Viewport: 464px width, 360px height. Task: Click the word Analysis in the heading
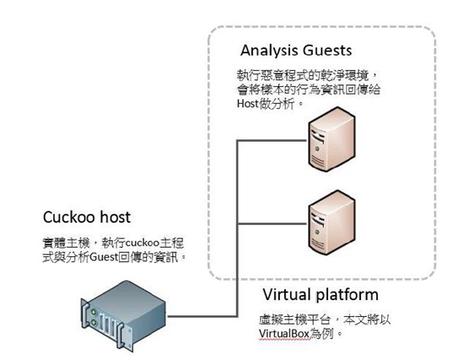pyautogui.click(x=268, y=51)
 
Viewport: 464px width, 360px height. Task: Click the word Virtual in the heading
pyautogui.click(x=287, y=294)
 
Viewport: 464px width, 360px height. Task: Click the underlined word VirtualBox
pyautogui.click(x=283, y=334)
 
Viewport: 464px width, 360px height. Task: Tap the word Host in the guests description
pyautogui.click(x=248, y=104)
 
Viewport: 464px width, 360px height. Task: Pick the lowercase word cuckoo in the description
pyautogui.click(x=143, y=243)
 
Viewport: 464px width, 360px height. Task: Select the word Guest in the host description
pyautogui.click(x=104, y=257)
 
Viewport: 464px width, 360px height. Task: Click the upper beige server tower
pyautogui.click(x=332, y=139)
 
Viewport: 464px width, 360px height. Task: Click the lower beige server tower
pyautogui.click(x=332, y=223)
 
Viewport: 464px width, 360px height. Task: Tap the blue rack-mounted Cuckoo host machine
pyautogui.click(x=123, y=315)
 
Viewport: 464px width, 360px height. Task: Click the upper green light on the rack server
pyautogui.click(x=94, y=312)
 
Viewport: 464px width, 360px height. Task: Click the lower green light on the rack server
pyautogui.click(x=94, y=322)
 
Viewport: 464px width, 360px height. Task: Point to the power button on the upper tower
pyautogui.click(x=316, y=148)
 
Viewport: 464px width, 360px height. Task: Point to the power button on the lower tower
pyautogui.click(x=316, y=232)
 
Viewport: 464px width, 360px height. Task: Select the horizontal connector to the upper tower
pyautogui.click(x=272, y=140)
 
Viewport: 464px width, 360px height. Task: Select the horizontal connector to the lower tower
pyautogui.click(x=272, y=223)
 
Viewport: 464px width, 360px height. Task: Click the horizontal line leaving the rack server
pyautogui.click(x=202, y=316)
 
